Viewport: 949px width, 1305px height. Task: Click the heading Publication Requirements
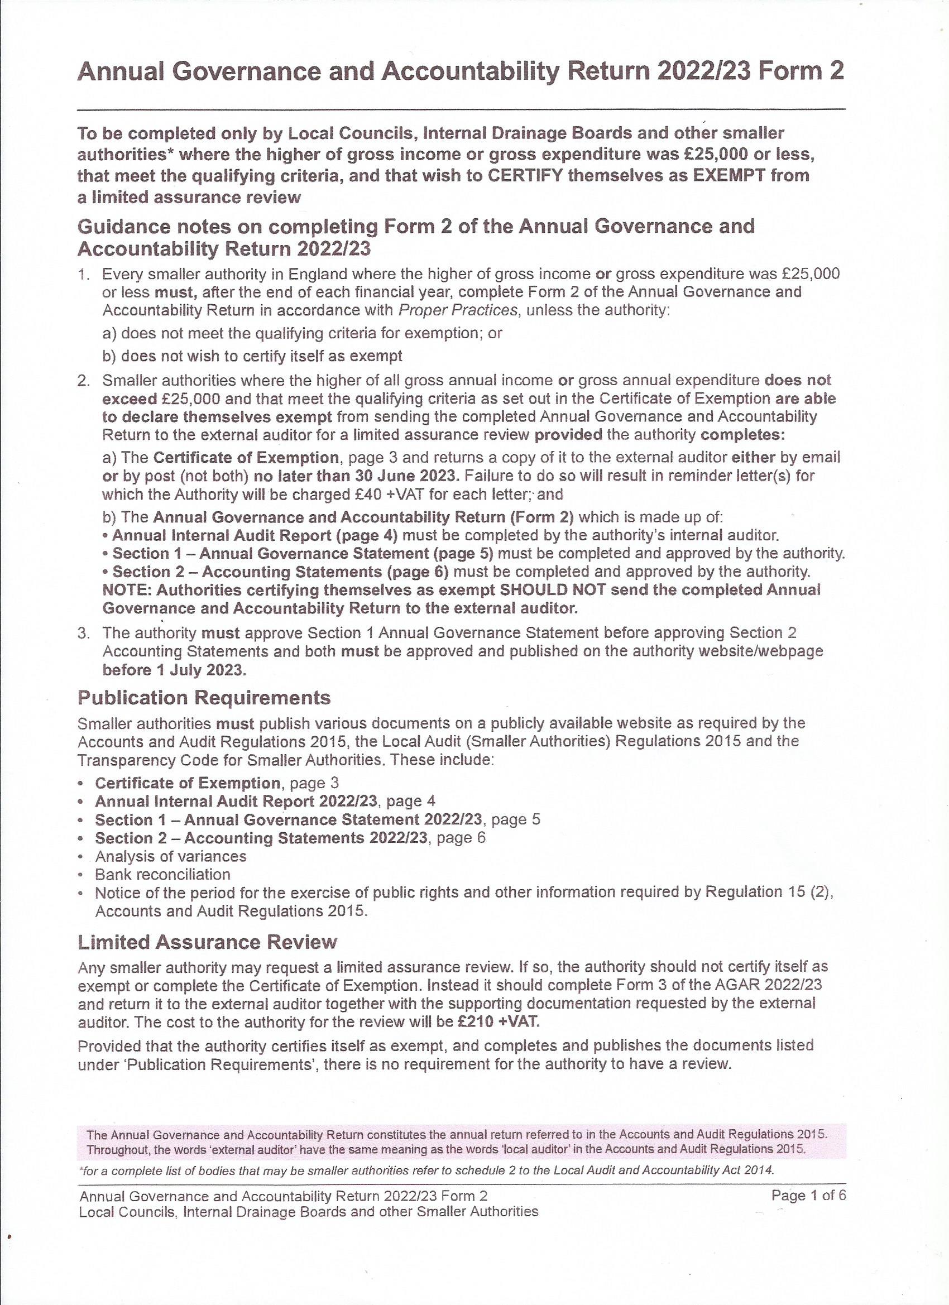point(204,697)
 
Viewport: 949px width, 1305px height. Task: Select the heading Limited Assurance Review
point(207,942)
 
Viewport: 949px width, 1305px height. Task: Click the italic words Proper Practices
point(458,310)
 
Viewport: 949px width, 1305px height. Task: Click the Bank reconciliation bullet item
point(162,874)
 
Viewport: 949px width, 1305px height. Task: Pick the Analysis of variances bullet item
point(170,856)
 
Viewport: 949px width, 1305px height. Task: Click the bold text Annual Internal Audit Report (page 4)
point(255,535)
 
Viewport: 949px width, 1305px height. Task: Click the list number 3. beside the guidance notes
point(84,633)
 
